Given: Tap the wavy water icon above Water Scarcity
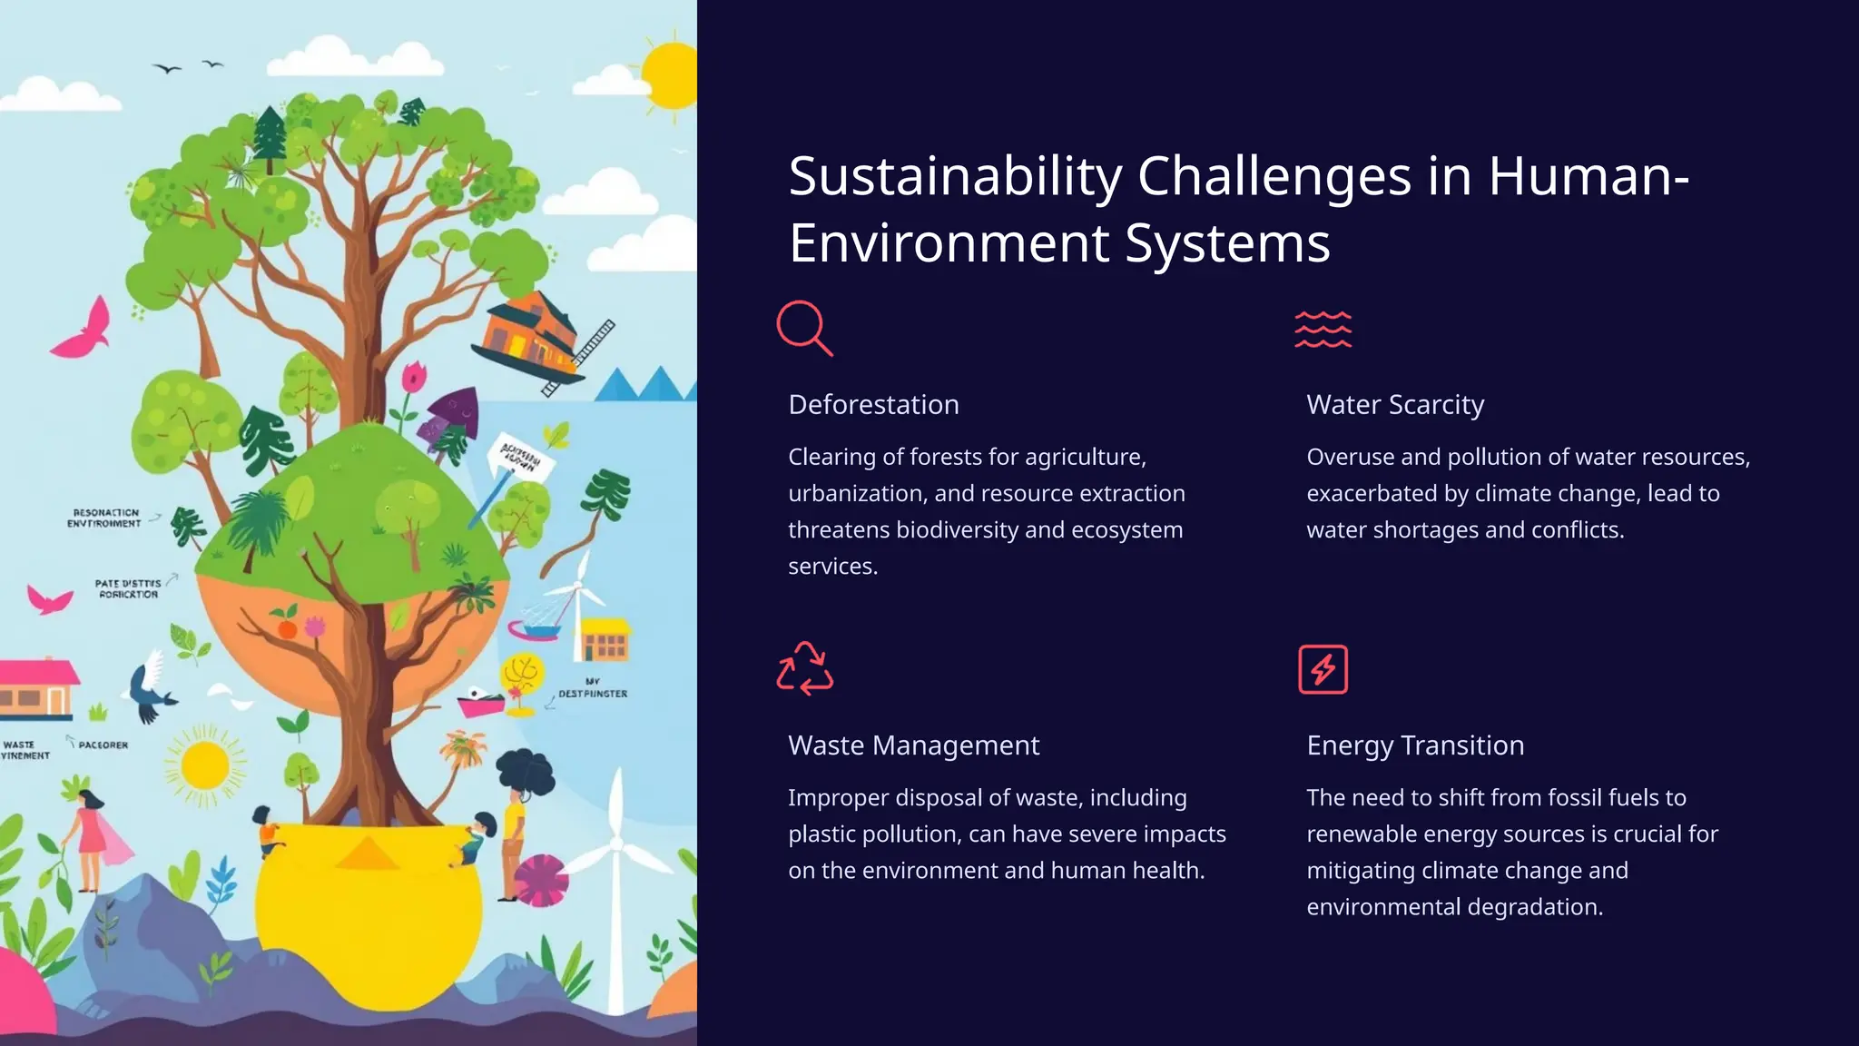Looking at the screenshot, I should (1323, 329).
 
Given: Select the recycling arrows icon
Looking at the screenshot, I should (804, 669).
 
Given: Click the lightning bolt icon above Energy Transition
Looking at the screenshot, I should (1323, 669).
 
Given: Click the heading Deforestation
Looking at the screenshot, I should (873, 404).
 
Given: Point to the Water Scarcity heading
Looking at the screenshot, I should (1395, 404).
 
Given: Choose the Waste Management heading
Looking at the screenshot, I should (913, 745).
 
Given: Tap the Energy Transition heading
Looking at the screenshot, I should (1415, 745).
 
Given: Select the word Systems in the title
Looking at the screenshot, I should (1227, 243).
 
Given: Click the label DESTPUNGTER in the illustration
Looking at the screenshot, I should (593, 694).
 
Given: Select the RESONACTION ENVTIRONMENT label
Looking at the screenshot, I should (104, 518).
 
